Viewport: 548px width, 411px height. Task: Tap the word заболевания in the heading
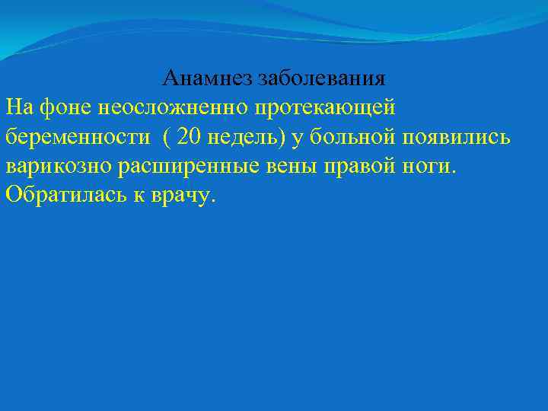pos(321,78)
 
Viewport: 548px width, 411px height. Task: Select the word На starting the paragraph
pos(18,107)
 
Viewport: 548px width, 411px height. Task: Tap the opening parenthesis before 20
pos(167,136)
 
